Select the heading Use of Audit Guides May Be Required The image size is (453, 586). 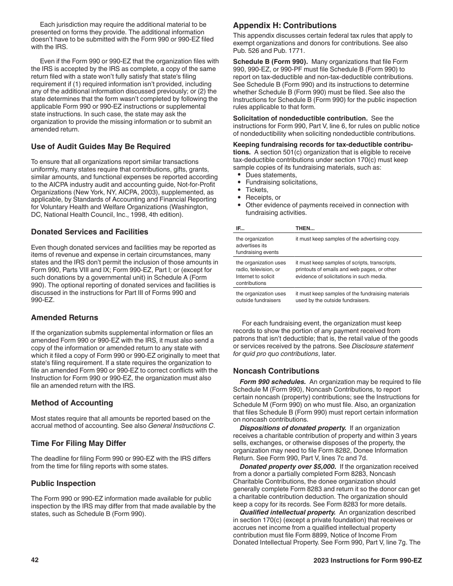click(101, 147)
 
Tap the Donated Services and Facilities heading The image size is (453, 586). click(90, 232)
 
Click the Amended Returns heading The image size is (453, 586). click(64, 318)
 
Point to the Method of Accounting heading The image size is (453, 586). click(72, 403)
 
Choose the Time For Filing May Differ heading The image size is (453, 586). click(78, 444)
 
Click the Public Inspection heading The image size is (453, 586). click(63, 484)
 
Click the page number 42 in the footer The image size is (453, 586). click(35, 560)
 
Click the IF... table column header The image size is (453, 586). click(240, 228)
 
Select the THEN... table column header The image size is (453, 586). click(305, 228)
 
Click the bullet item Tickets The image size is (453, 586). click(257, 190)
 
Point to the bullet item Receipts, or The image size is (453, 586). click(263, 198)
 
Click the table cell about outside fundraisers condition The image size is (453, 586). click(261, 297)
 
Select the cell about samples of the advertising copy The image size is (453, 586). click(347, 239)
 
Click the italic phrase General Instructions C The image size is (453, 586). click(181, 426)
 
